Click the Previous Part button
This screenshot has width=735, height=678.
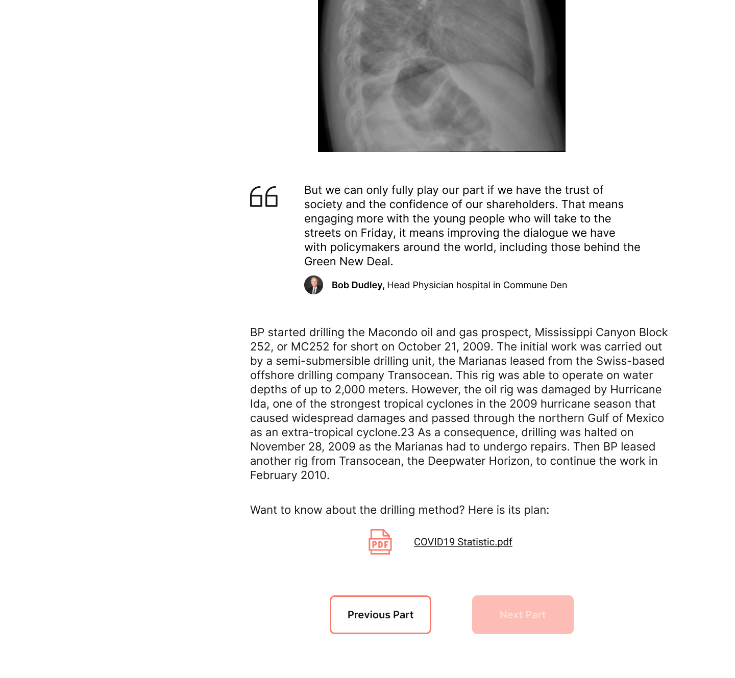(380, 615)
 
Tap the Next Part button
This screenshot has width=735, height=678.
(523, 615)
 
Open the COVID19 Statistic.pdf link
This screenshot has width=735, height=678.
(463, 542)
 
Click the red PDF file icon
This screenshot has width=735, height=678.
(380, 542)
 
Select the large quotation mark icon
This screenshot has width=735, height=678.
(264, 197)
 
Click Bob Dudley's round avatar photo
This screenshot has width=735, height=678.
(313, 285)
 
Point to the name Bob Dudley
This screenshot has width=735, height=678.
(357, 285)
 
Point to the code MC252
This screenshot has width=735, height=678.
(310, 347)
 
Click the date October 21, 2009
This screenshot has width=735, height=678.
(444, 347)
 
